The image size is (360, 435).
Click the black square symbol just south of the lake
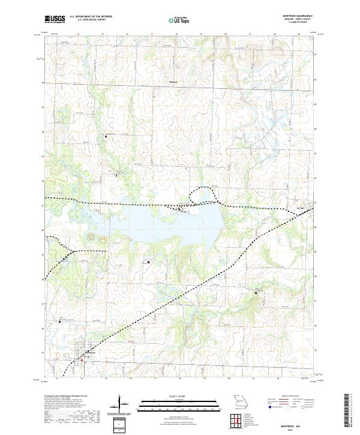(x=148, y=262)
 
